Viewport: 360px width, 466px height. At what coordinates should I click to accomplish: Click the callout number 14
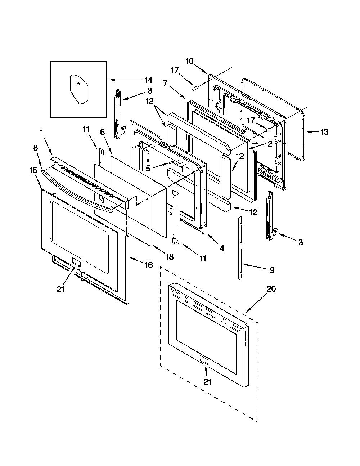tap(148, 80)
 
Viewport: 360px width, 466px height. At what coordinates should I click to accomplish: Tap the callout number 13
tap(324, 132)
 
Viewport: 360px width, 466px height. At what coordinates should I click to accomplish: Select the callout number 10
tap(189, 61)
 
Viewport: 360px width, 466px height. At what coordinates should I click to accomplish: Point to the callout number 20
tap(271, 289)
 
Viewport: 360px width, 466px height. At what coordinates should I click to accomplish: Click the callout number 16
tap(148, 265)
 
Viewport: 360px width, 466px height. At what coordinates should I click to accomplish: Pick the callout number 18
tap(170, 256)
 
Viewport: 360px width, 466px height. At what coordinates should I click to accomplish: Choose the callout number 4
tap(222, 248)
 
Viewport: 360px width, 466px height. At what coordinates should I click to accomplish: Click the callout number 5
tap(148, 168)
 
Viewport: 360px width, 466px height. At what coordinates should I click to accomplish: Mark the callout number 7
tap(165, 83)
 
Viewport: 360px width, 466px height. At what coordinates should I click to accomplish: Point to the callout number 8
tap(35, 148)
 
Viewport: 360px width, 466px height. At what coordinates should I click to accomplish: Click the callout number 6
tap(103, 132)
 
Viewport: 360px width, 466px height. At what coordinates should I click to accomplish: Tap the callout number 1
tap(42, 132)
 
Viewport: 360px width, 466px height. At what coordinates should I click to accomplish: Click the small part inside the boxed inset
tap(79, 90)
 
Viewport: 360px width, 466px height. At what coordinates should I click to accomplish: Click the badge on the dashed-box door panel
tap(203, 359)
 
